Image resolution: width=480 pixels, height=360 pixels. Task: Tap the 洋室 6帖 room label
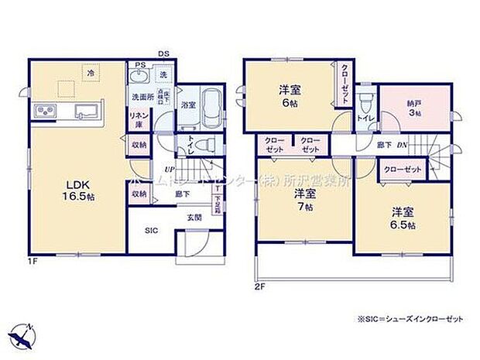click(x=290, y=95)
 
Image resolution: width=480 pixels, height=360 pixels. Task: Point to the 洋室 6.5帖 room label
click(x=402, y=217)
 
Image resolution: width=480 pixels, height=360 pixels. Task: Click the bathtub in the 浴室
click(x=211, y=110)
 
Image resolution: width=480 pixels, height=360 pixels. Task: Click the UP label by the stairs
click(x=166, y=170)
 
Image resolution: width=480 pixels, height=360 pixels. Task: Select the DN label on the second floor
click(x=402, y=145)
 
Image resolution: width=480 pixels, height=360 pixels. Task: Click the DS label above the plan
click(x=164, y=53)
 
